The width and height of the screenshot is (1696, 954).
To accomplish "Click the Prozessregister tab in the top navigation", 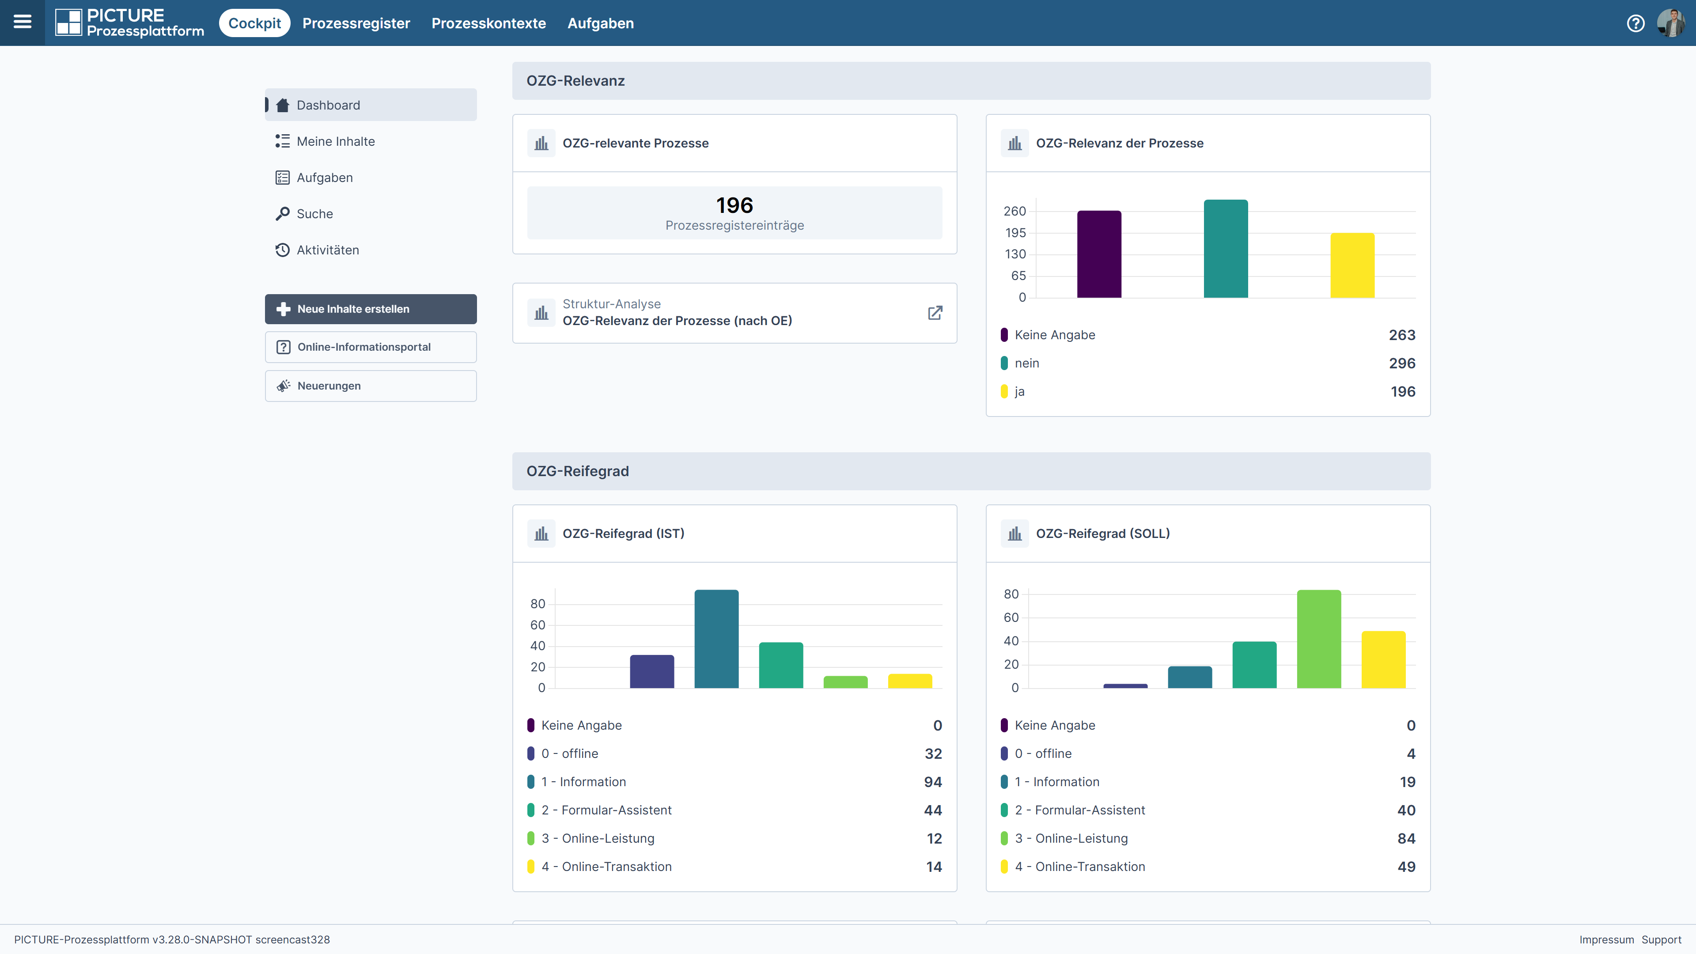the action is coord(356,23).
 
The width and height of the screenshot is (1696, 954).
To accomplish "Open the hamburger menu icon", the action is coord(23,23).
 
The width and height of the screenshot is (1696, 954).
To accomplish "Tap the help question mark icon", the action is coord(1635,23).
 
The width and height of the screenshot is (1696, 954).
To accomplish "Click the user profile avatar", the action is coord(1671,23).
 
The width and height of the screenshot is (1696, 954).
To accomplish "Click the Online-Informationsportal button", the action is coord(371,347).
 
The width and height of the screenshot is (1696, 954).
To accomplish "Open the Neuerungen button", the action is coord(371,386).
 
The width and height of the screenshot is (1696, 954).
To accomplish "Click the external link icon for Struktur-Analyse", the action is coord(935,313).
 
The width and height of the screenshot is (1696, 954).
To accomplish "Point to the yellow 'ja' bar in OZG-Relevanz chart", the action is coord(1352,265).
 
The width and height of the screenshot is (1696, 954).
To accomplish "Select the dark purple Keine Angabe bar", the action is coord(1099,254).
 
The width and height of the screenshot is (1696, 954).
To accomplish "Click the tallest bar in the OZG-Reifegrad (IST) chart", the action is coord(716,639).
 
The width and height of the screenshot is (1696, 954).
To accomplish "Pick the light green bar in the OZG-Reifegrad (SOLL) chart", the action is coord(1319,639).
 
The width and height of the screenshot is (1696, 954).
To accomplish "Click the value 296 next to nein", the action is coord(1402,363).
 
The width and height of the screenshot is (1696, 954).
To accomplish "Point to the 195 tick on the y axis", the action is coord(1015,232).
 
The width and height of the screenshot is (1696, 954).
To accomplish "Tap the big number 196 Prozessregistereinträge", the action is coord(735,205).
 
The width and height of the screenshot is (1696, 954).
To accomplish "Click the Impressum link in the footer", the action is coord(1606,939).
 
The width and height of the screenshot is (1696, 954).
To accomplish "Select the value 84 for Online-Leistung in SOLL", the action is coord(1406,838).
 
